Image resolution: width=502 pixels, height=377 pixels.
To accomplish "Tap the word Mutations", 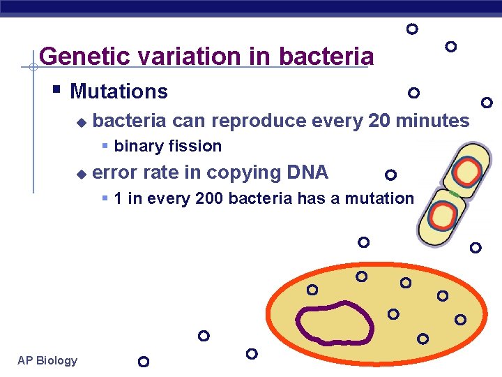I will click(x=119, y=91).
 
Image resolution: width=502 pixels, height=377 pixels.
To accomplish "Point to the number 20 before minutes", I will click(x=379, y=121).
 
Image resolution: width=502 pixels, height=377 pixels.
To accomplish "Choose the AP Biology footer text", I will click(x=47, y=360).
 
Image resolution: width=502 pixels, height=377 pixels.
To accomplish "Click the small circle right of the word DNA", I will click(x=390, y=175).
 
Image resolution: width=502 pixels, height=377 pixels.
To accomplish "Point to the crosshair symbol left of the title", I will click(x=32, y=67).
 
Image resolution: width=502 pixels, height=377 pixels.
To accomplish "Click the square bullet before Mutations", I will click(x=57, y=90).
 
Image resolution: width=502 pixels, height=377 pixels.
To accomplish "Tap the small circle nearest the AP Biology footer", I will click(x=144, y=362).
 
